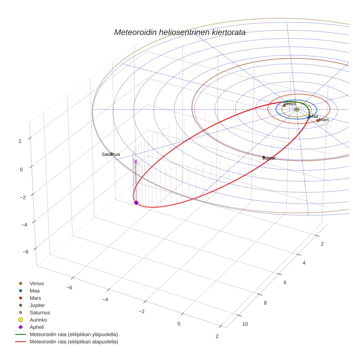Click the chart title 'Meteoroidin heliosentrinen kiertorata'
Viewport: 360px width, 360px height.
tap(180, 33)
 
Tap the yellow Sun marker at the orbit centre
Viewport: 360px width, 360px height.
tap(296, 109)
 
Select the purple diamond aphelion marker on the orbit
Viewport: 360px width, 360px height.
tap(136, 203)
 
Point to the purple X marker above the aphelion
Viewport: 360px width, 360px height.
tap(136, 161)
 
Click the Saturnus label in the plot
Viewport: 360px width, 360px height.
tap(111, 154)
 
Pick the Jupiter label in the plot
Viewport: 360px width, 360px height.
tap(269, 158)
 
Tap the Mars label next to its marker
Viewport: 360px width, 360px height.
tap(324, 120)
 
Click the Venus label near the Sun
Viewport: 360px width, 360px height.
tap(290, 104)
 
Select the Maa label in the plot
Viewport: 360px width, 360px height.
tap(314, 116)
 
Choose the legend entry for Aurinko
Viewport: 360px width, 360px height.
tap(38, 320)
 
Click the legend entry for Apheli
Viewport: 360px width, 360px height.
tap(36, 327)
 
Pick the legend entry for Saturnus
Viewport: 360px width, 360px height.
tap(40, 312)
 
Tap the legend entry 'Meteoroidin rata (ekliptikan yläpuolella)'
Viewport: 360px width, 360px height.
tap(74, 334)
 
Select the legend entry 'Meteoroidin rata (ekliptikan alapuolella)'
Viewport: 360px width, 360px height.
tap(74, 342)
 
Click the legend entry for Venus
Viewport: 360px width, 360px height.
tap(37, 283)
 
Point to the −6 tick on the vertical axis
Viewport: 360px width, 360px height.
tap(26, 252)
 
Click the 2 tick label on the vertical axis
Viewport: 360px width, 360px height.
tap(20, 141)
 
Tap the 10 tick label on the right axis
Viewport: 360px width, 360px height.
tap(245, 324)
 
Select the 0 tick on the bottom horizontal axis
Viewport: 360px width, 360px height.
tap(179, 324)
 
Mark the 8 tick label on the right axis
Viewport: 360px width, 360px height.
tap(265, 303)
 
